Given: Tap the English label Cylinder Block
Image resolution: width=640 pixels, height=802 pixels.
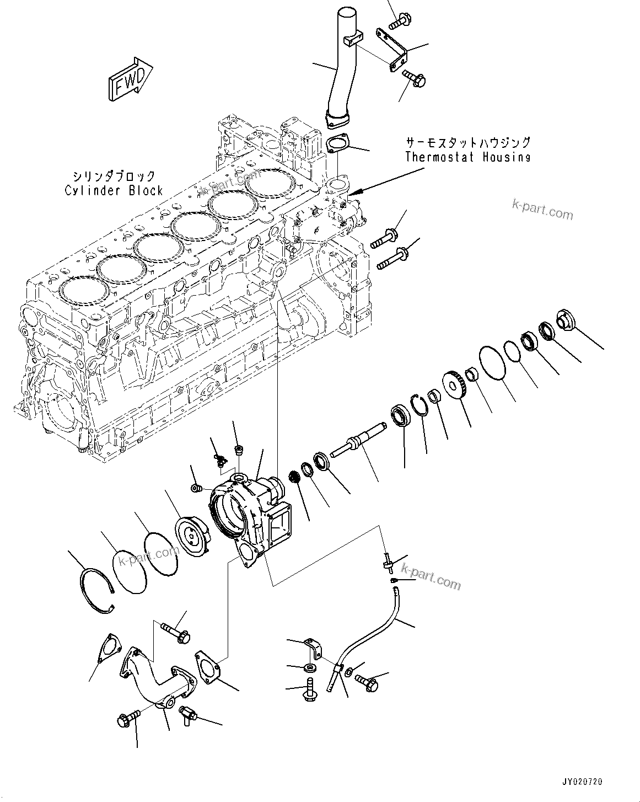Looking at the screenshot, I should coord(114,191).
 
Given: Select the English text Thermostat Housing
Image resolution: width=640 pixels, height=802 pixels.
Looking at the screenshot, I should coord(467,157).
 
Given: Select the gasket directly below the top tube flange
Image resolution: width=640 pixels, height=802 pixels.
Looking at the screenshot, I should coord(336,145).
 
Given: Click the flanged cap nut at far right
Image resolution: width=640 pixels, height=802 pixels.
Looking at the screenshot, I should coord(566,320).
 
